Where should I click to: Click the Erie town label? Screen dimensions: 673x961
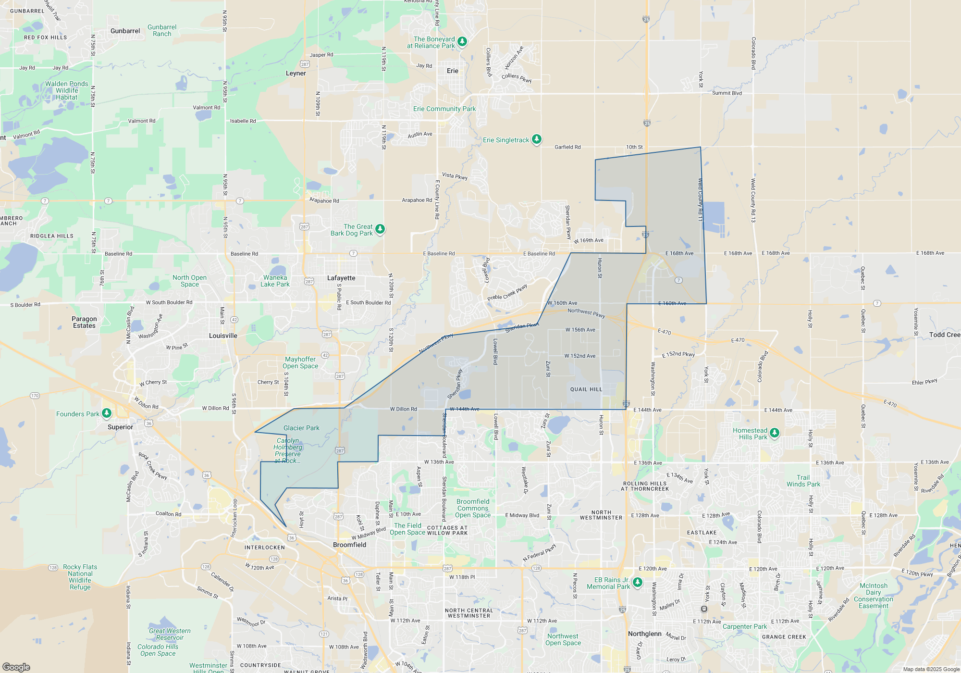[x=452, y=71]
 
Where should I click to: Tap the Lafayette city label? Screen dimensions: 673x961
[x=341, y=278]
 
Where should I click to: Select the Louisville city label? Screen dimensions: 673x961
[x=223, y=336]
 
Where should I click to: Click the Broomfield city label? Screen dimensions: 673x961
[x=349, y=545]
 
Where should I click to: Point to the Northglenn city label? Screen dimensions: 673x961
[x=644, y=634]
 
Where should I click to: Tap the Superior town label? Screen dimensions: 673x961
[x=120, y=427]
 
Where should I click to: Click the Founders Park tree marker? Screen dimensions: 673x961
[x=107, y=413]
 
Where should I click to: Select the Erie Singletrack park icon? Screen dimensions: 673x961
[x=537, y=139]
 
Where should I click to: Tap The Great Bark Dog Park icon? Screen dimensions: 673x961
[x=380, y=229]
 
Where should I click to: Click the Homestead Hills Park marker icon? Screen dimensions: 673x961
[x=774, y=433]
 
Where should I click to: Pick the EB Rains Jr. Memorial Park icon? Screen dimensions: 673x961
[x=638, y=583]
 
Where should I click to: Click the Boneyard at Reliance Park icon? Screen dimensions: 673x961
[x=462, y=42]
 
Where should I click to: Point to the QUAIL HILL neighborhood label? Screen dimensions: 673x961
[x=586, y=389]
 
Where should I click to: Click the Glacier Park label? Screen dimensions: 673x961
[x=301, y=428]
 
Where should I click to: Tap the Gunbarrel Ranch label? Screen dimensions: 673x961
[x=162, y=30]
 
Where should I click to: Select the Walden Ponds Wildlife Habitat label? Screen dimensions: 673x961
[x=67, y=90]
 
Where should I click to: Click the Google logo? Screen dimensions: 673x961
[x=16, y=667]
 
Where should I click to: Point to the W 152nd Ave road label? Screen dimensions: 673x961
[x=579, y=356]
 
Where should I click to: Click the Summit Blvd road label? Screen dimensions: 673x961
[x=727, y=93]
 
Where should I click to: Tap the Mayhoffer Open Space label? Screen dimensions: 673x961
[x=300, y=362]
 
